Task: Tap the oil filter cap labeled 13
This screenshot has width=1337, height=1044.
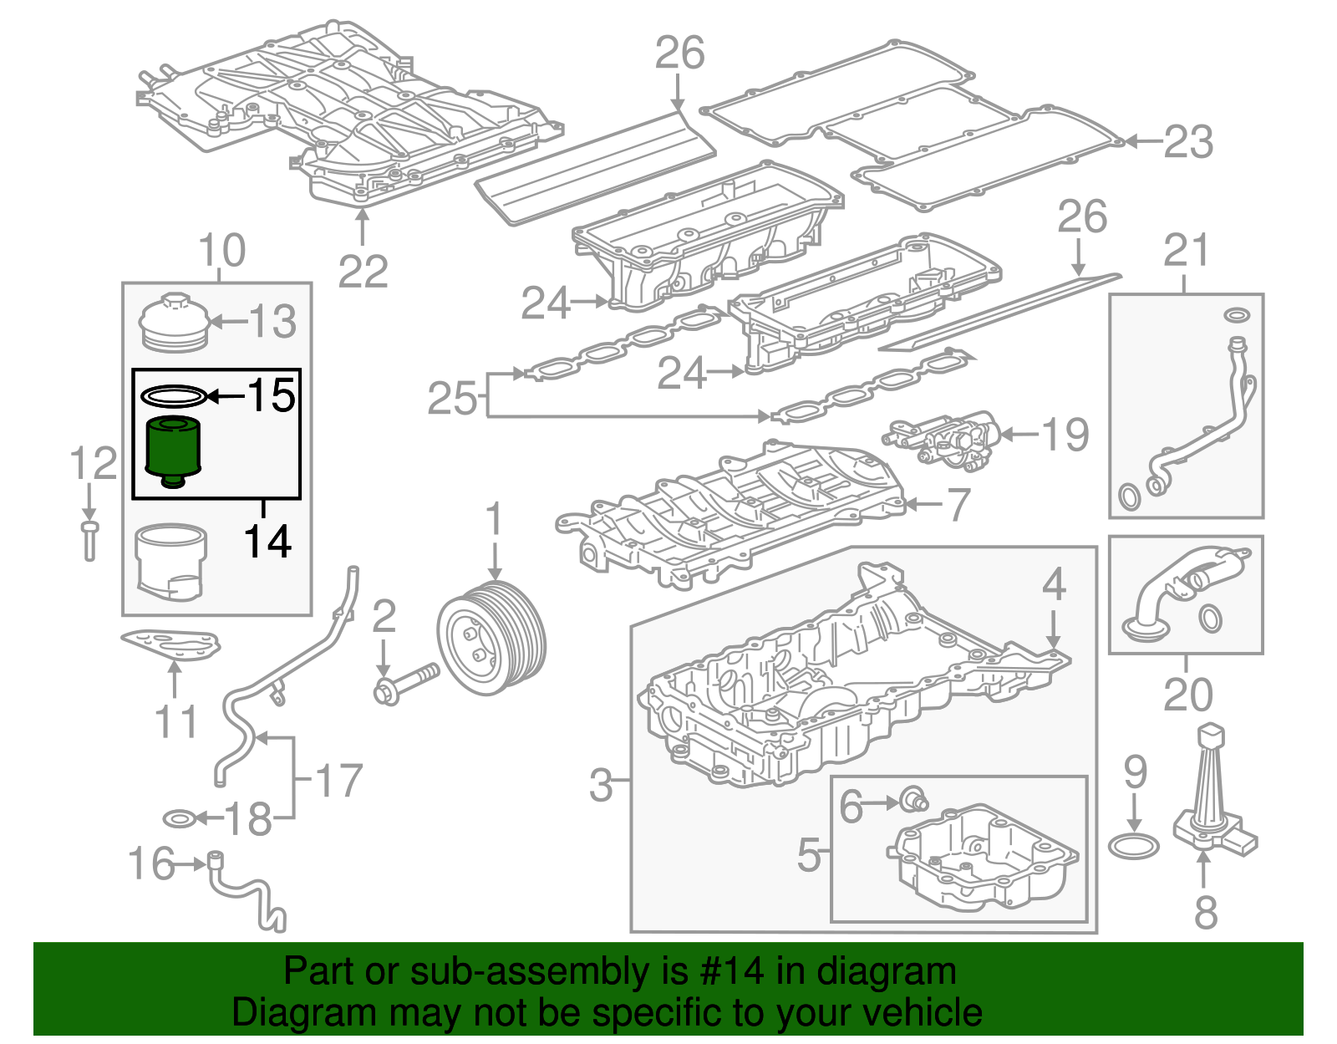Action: (173, 322)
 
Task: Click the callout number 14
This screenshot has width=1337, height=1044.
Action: (267, 542)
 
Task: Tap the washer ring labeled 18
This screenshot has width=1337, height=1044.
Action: (178, 817)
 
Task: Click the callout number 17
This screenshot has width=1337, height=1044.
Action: (338, 781)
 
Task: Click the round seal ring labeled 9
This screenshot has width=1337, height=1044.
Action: (1133, 846)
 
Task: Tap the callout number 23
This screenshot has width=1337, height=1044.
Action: (1188, 142)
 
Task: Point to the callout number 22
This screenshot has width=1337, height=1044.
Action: (363, 272)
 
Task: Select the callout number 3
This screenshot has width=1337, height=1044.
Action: (601, 784)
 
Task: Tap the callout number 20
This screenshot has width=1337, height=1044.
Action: (1187, 695)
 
